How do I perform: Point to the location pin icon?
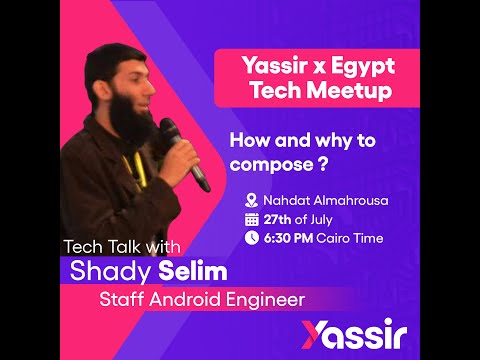252,199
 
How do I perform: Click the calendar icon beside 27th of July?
252,219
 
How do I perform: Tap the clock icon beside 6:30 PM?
252,238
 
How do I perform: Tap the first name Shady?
106,272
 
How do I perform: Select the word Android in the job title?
187,299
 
